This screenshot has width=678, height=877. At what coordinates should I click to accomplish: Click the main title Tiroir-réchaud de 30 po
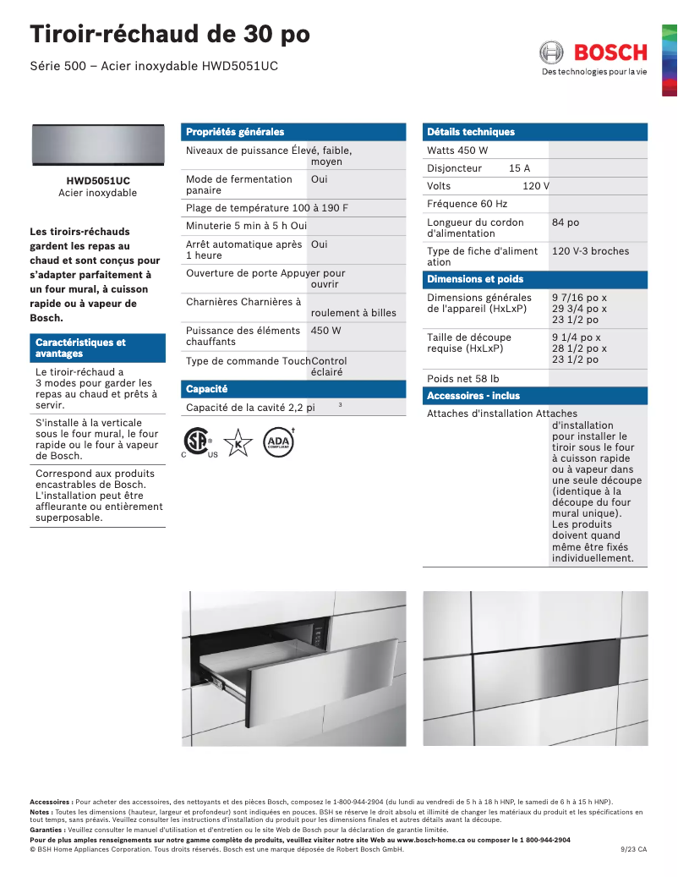(170, 35)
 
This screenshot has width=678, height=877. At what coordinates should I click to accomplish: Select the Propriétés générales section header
(235, 132)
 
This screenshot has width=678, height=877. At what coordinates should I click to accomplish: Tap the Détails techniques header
(471, 132)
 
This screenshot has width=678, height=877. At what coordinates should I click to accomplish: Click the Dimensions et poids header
(475, 279)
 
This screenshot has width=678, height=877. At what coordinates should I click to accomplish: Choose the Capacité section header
(207, 389)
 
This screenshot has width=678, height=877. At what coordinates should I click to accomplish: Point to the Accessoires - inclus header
(473, 396)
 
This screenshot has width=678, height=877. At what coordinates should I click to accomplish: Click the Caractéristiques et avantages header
(80, 348)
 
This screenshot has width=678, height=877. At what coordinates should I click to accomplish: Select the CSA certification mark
(198, 442)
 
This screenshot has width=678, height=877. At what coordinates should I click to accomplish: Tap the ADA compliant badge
(277, 442)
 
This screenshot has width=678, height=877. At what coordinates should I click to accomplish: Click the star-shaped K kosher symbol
(238, 442)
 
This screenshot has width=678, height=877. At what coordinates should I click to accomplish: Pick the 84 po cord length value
(566, 222)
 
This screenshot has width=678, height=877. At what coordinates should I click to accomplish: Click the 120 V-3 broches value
(590, 251)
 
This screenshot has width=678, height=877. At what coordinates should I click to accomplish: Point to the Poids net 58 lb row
(462, 379)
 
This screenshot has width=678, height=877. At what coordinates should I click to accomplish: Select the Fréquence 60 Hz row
(467, 204)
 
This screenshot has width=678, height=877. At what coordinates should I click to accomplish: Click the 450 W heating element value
(325, 331)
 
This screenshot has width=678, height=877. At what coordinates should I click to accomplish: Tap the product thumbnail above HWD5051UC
(97, 145)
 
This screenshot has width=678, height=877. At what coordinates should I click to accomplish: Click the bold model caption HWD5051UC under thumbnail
(97, 181)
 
